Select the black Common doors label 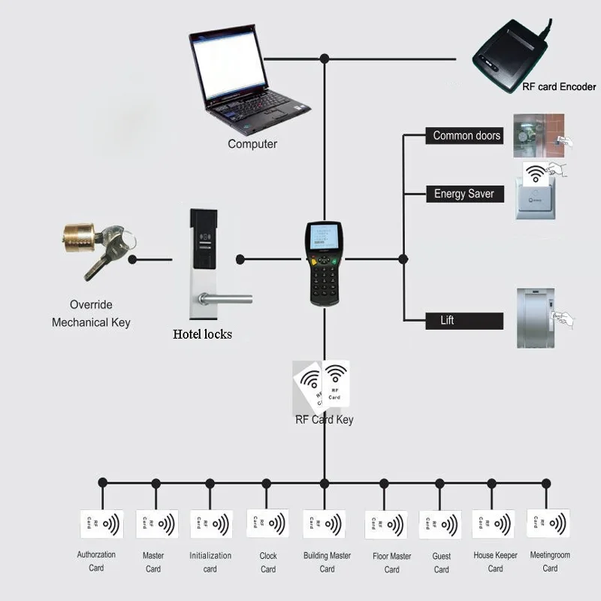467,136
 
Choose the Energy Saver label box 464,194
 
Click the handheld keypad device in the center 325,262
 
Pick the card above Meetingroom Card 548,522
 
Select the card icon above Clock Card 267,523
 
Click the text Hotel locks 202,334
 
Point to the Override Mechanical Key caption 91,313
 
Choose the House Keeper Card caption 495,562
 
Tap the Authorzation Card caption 96,561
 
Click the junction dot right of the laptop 325,58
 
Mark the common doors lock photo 539,134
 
